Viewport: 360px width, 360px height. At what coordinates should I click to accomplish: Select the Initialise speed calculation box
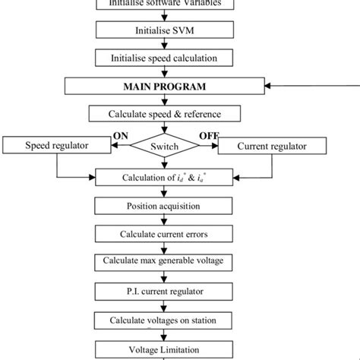pos(165,58)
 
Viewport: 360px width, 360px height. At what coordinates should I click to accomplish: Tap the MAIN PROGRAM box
pos(165,86)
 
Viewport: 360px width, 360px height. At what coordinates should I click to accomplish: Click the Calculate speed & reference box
pos(165,115)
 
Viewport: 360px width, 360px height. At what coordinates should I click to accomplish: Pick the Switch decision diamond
pos(166,144)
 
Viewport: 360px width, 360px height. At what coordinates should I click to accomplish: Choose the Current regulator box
pos(273,145)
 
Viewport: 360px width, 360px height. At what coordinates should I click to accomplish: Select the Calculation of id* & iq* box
pos(165,178)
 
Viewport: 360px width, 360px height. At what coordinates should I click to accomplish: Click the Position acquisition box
pos(165,205)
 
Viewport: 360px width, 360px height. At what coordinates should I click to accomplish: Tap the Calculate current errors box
pos(165,233)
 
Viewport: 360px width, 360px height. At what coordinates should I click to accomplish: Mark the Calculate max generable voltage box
pos(165,261)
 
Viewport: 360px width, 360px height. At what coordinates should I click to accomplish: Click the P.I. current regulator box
pos(165,290)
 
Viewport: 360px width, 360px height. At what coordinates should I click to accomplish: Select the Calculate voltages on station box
pos(165,319)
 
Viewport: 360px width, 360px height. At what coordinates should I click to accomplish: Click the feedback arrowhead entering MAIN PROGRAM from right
pos(267,86)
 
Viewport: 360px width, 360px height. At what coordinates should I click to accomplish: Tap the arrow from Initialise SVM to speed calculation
pos(165,43)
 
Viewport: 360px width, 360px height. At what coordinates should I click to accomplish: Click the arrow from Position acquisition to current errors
pos(165,219)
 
